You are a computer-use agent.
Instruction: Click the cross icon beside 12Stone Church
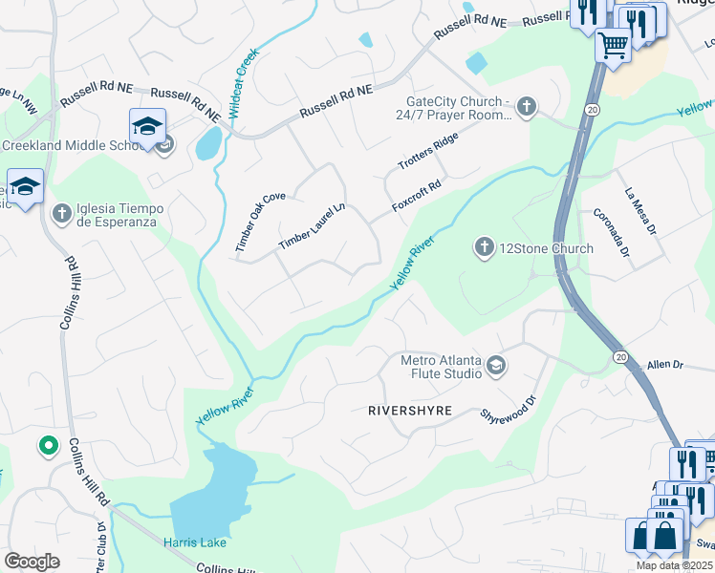click(x=484, y=248)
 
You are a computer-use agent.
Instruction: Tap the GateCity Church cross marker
click(x=527, y=105)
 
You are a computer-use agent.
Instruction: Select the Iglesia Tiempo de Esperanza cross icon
click(x=62, y=212)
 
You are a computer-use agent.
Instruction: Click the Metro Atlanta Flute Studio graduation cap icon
click(x=496, y=365)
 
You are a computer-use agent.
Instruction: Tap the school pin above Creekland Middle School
click(x=148, y=127)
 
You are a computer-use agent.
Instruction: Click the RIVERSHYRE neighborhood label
click(x=409, y=411)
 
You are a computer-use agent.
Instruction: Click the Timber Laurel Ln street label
click(x=311, y=227)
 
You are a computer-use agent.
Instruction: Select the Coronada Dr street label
click(x=611, y=234)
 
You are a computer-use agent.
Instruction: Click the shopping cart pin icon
click(x=613, y=43)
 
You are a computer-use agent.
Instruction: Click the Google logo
click(x=32, y=562)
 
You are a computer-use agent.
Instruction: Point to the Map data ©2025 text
click(x=673, y=565)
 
